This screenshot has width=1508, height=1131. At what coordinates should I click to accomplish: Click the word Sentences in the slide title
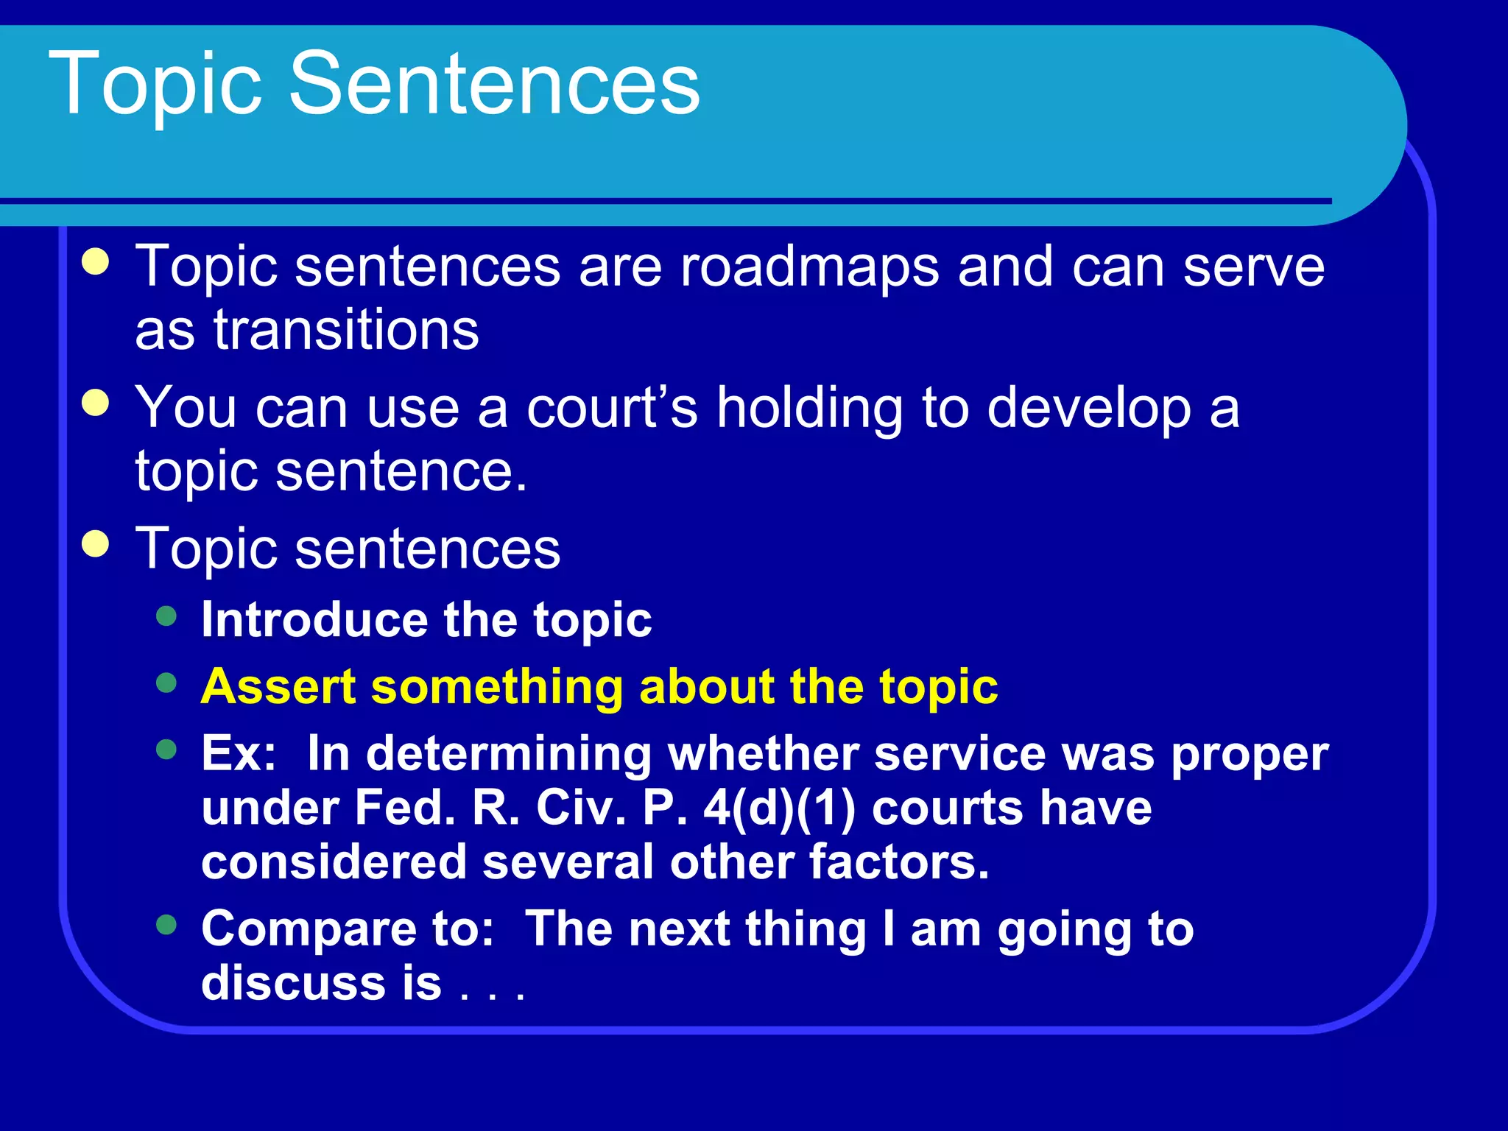click(494, 82)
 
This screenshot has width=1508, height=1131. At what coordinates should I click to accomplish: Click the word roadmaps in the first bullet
click(809, 267)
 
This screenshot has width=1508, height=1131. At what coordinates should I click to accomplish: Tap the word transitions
click(346, 330)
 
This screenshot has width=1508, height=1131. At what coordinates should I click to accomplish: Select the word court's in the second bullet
click(612, 408)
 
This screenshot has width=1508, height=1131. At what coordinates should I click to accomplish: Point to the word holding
click(809, 408)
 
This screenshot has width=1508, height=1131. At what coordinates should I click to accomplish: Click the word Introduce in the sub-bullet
click(313, 619)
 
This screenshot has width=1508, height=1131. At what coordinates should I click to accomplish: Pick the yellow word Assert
click(278, 686)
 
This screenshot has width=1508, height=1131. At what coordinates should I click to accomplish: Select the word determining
click(508, 753)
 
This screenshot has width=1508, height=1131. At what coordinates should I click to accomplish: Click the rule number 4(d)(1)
click(779, 808)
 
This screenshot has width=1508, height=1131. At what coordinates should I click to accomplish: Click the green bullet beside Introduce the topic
click(167, 616)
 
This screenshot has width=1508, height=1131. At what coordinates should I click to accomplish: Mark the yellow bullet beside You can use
click(96, 404)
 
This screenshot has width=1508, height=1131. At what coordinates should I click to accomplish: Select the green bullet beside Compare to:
click(167, 925)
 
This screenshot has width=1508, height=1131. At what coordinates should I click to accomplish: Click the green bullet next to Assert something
click(167, 683)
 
